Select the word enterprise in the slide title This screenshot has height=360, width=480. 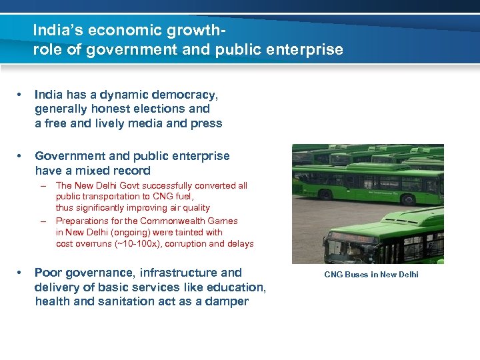(307, 49)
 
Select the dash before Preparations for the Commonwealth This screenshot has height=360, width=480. (43, 221)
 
